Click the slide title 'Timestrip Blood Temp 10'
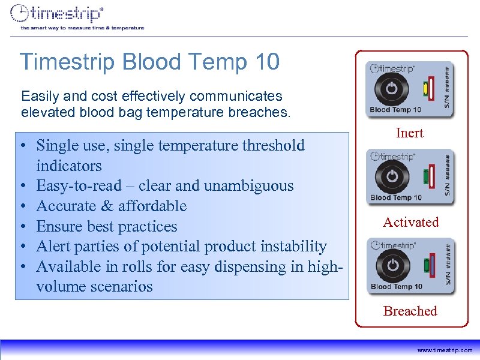[149, 61]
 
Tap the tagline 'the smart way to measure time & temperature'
[82, 28]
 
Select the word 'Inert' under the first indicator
[410, 133]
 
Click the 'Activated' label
[411, 222]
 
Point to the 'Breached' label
[410, 311]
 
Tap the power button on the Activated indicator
[391, 176]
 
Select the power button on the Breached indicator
[391, 265]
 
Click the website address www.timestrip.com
[445, 350]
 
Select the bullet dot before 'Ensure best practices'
[21, 227]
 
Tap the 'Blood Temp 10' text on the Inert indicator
[395, 110]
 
